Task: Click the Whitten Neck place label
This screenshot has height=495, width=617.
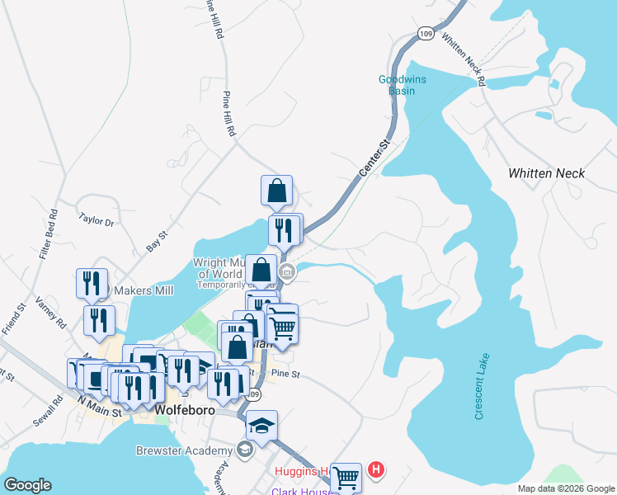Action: [546, 173]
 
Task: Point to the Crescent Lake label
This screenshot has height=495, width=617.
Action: [483, 386]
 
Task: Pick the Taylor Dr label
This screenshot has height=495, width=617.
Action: [95, 220]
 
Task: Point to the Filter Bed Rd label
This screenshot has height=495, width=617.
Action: [48, 235]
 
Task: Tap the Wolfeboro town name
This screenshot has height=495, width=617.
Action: [186, 410]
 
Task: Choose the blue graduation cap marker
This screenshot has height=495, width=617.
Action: [261, 427]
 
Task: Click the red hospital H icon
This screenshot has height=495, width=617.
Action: [377, 470]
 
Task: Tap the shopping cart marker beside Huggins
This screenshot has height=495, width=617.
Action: [346, 476]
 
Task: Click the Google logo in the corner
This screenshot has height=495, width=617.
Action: [28, 485]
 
